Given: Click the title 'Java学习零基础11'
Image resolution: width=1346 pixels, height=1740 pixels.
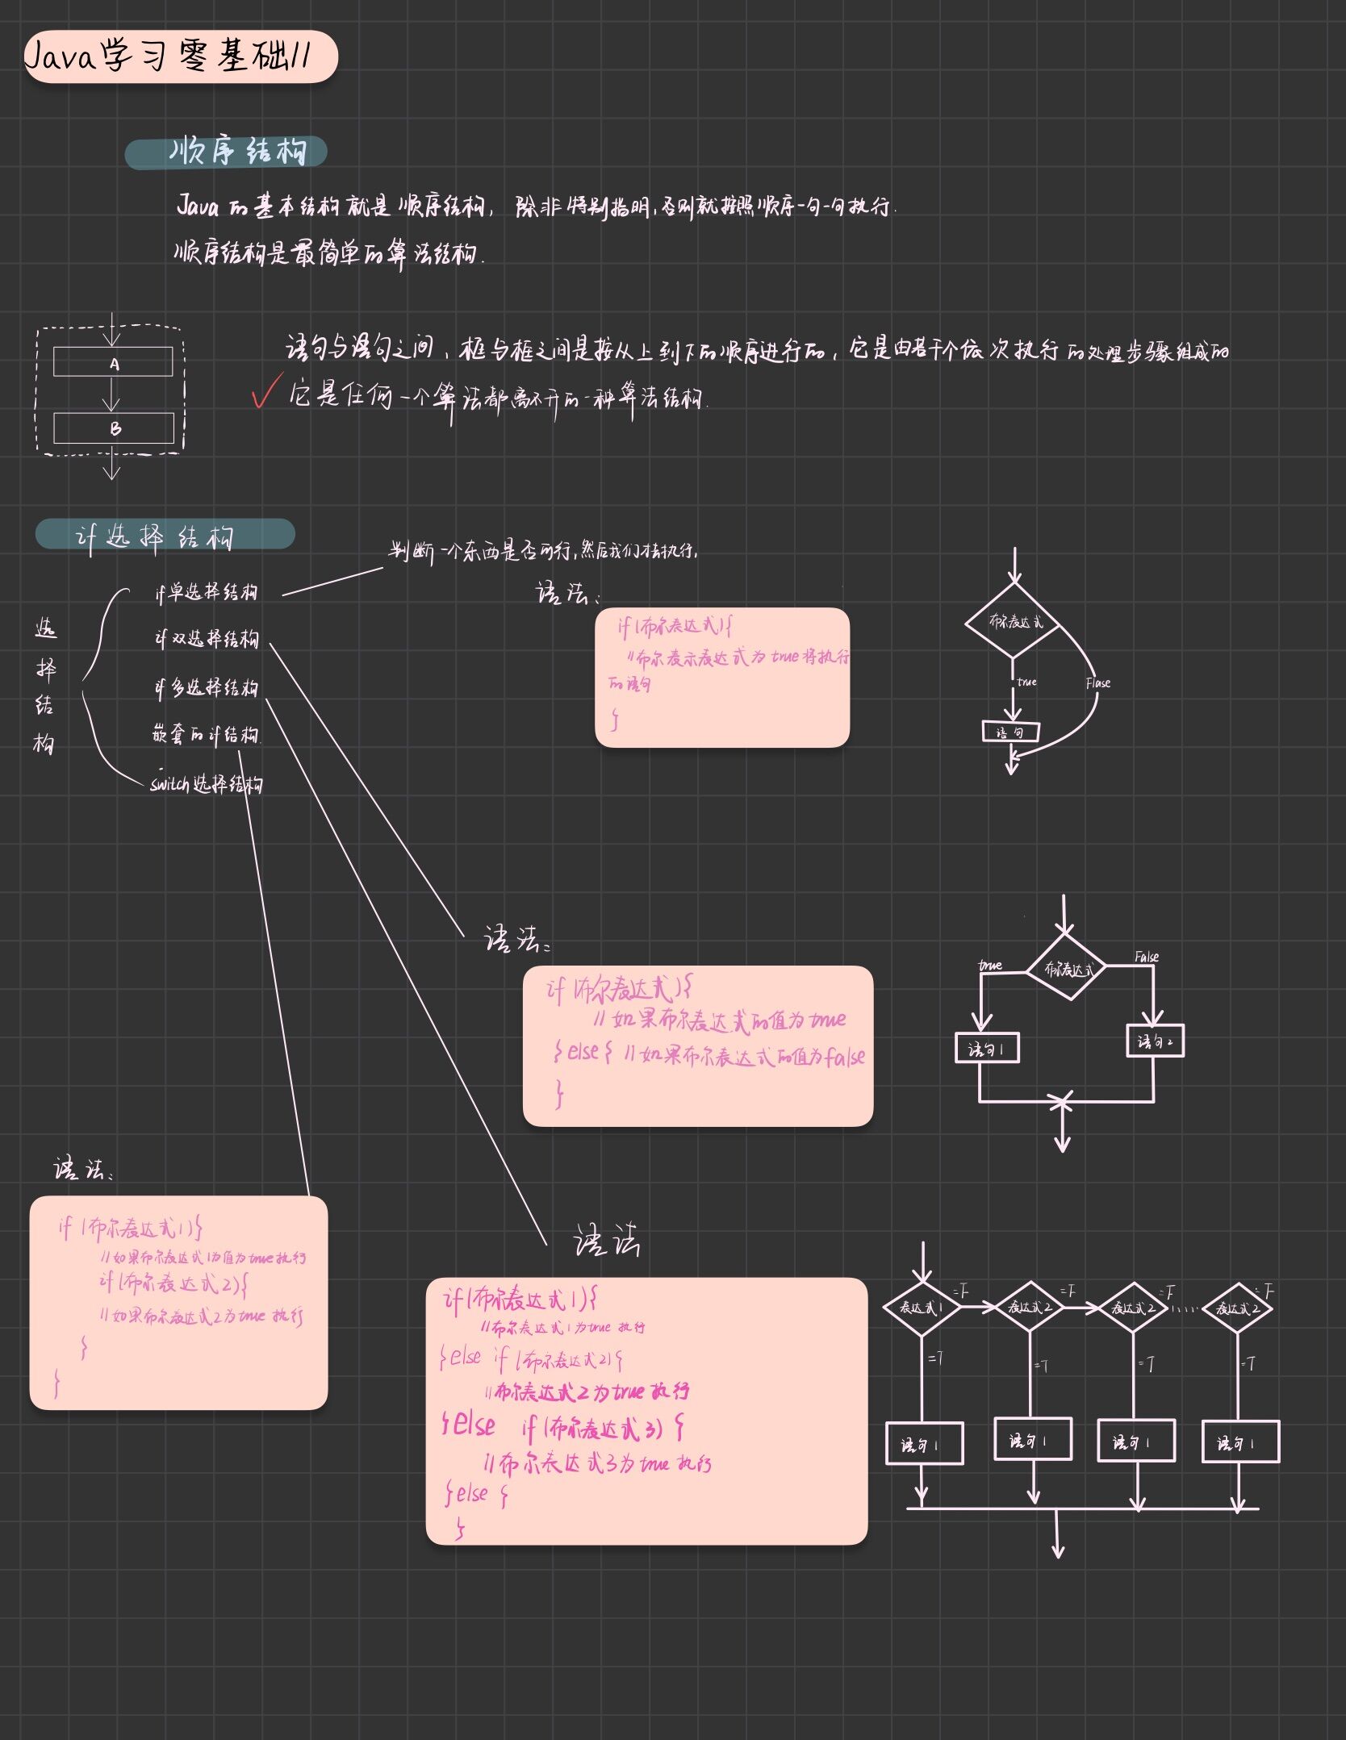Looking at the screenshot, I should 169,56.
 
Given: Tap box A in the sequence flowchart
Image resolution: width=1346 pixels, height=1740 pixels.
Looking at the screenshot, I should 113,362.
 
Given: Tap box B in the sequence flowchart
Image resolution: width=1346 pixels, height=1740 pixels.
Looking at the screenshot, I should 114,428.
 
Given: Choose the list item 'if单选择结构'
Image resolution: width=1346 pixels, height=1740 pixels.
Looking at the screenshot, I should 207,592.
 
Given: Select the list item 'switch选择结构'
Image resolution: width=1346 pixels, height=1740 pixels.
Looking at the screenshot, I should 207,784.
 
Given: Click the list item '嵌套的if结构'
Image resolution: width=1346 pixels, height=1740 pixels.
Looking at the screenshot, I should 206,735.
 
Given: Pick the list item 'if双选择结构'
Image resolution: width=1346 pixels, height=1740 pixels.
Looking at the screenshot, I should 207,639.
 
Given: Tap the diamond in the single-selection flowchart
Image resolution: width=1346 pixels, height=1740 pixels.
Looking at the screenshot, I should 1014,621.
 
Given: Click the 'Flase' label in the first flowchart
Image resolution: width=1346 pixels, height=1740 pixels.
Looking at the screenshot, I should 1097,683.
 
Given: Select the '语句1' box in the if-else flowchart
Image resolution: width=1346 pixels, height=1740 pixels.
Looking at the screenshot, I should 986,1049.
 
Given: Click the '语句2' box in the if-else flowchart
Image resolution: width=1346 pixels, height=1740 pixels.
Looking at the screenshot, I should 1155,1041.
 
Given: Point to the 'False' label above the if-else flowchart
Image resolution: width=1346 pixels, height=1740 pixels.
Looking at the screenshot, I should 1146,957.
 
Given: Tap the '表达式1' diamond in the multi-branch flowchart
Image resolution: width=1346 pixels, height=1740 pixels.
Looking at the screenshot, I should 922,1308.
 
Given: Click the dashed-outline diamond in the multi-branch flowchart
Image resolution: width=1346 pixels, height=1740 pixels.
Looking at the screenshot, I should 1237,1308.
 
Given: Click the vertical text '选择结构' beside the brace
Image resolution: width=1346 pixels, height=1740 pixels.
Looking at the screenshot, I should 45,686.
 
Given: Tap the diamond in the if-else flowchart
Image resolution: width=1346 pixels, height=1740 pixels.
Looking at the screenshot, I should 1066,969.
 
